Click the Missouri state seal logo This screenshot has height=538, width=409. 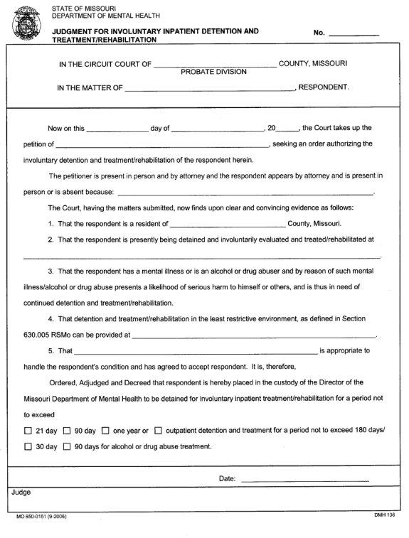26,23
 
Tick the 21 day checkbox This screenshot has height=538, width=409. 28,431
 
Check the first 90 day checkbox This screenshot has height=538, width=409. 67,431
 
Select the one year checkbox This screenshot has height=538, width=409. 105,431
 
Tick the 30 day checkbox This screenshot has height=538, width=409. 28,447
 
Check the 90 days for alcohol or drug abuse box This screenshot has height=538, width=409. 67,447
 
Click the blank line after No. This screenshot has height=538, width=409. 354,33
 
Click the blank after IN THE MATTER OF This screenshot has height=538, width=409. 209,89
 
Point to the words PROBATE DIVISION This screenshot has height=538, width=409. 213,72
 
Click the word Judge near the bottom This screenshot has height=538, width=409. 21,492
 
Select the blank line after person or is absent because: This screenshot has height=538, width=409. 245,192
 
